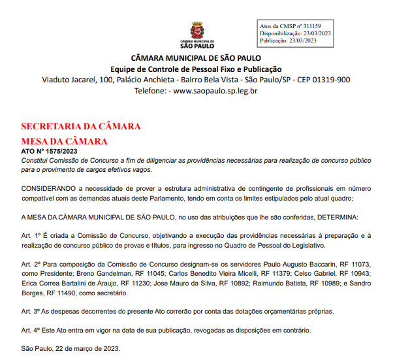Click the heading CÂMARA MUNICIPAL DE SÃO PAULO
coord(196,57)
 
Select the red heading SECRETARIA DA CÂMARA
coord(80,126)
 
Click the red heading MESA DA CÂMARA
coord(64,140)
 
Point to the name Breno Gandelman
coord(95,273)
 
